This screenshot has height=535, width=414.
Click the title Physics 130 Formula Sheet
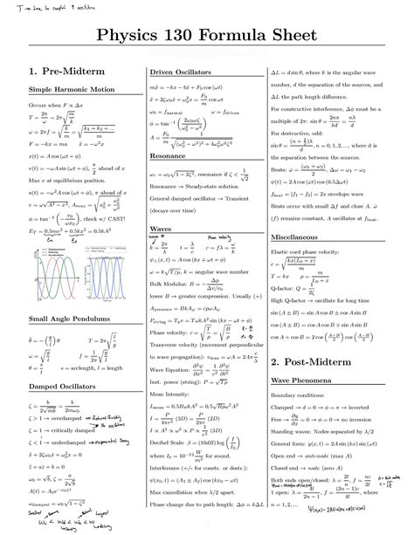[x=207, y=38]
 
